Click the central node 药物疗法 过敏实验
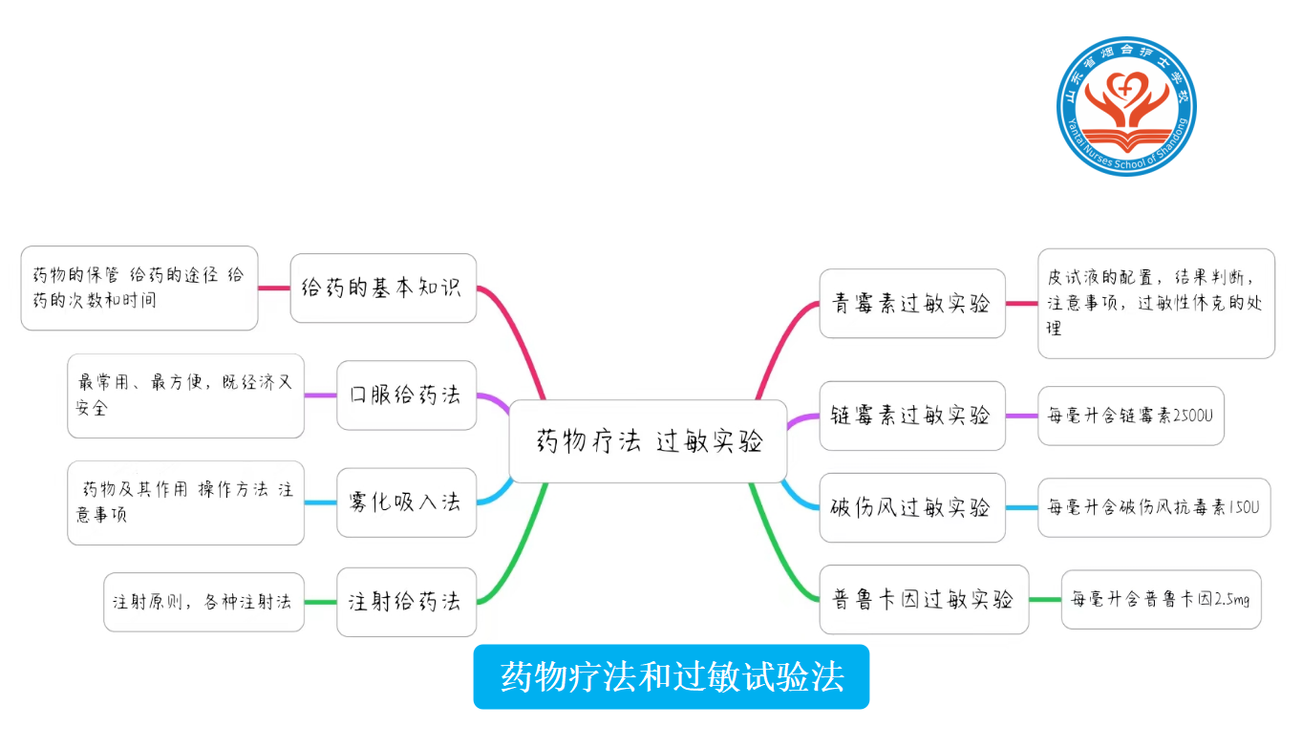(x=648, y=441)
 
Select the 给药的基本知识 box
(x=382, y=288)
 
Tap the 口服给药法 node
(x=406, y=395)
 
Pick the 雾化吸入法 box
(x=406, y=502)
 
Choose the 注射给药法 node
(x=406, y=602)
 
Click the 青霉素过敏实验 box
(x=911, y=304)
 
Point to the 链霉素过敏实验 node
(x=911, y=416)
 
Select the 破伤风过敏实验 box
(x=911, y=507)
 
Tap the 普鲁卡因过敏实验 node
(x=923, y=600)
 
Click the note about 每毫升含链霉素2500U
(x=1130, y=416)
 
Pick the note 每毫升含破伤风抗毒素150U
(x=1153, y=507)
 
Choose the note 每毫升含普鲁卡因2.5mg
(x=1161, y=600)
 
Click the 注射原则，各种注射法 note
(x=203, y=602)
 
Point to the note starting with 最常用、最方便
(x=185, y=395)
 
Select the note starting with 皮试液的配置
(x=1155, y=303)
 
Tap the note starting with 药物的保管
(x=139, y=288)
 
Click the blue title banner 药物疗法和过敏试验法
(x=671, y=677)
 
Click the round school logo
(x=1126, y=106)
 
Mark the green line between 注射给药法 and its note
(x=320, y=603)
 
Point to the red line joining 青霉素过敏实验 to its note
(x=1021, y=304)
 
